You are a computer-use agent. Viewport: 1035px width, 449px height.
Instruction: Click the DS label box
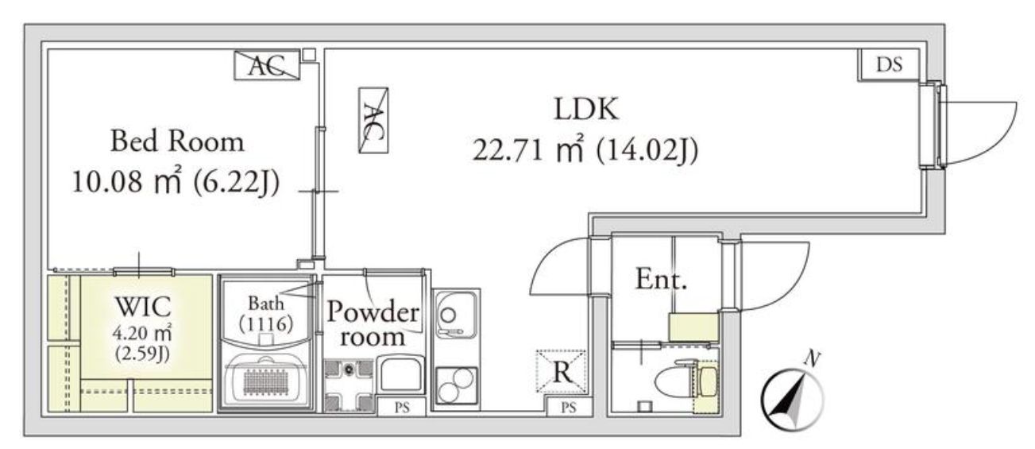point(889,65)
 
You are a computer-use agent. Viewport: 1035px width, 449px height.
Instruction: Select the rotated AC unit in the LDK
point(373,120)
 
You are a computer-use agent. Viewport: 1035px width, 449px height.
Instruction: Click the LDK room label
point(586,109)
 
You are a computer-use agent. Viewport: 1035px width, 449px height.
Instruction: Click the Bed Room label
point(177,141)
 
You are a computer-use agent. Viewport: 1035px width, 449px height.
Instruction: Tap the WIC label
point(143,306)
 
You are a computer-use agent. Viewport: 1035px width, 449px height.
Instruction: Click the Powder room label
point(373,323)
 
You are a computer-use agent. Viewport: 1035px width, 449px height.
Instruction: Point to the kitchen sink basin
point(455,314)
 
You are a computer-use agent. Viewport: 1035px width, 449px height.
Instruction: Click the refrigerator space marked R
point(562,371)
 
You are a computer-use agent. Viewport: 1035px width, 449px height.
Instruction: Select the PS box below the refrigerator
point(569,408)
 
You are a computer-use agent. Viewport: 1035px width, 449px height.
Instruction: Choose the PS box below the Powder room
point(401,408)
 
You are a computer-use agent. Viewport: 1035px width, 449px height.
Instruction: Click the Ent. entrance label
point(661,279)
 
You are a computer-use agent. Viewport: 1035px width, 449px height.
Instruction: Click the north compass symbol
point(792,393)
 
